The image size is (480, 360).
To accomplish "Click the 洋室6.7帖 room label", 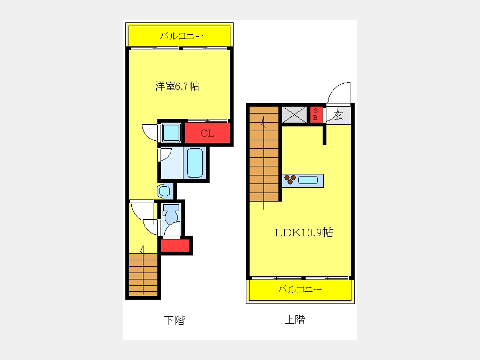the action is [x=177, y=86].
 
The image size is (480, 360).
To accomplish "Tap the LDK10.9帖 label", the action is [x=303, y=233].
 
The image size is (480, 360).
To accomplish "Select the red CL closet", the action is [x=207, y=133].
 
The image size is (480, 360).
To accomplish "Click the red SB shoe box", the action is [x=316, y=114].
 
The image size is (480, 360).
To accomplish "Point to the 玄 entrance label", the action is [x=338, y=115].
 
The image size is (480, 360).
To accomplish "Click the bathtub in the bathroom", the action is [x=195, y=163].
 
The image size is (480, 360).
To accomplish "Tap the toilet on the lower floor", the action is [x=170, y=214].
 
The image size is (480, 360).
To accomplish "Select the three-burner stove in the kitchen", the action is [x=290, y=179].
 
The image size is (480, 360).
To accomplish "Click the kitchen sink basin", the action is [x=308, y=180].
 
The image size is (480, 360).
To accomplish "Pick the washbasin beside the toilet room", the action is [x=164, y=191].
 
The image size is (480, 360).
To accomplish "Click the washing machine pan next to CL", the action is [x=171, y=133].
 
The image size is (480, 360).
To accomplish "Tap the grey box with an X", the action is [x=294, y=115].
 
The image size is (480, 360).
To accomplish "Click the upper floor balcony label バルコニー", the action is [x=300, y=289].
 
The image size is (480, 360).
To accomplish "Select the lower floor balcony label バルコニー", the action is [x=181, y=36].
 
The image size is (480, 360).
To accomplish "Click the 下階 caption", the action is [x=174, y=320].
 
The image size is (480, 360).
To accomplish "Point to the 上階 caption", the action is [x=295, y=319].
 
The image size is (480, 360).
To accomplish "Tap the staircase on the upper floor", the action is [x=264, y=154].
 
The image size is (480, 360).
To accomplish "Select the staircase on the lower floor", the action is [x=143, y=275].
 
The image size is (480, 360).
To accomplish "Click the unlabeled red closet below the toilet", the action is [x=175, y=245].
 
